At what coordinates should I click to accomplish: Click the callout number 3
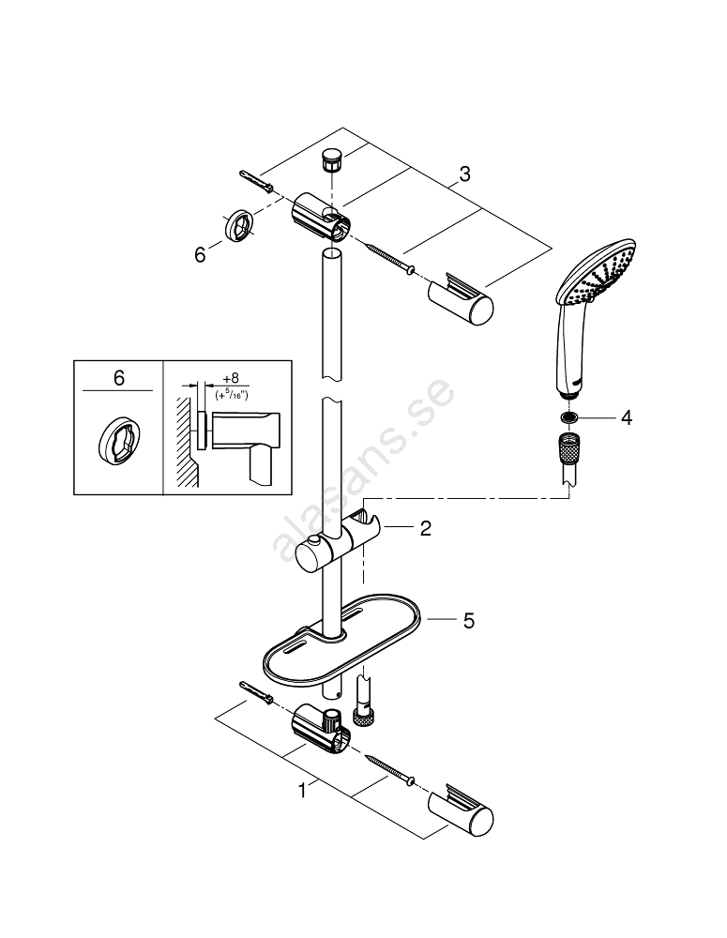464,174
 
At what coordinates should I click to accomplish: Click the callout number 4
626,417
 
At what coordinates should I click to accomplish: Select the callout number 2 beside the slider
425,529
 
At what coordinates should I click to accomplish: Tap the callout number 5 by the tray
468,620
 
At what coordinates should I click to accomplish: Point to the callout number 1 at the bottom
302,792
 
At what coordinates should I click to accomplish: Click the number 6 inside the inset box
118,378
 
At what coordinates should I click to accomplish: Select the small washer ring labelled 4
569,417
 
